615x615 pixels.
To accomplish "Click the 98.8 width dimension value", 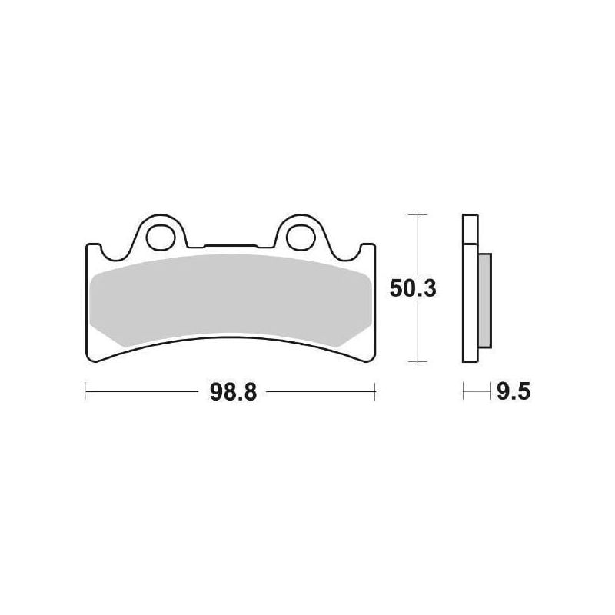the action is coord(233,392).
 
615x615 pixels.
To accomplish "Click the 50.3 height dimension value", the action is coord(413,289).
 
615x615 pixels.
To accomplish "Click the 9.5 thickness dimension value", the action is coord(514,392).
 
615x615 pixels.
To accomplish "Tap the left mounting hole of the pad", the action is coord(161,238).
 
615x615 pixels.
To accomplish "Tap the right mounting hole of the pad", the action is coord(301,238).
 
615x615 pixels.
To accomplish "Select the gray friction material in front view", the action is coord(231,300).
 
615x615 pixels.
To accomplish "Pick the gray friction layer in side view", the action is coord(485,301).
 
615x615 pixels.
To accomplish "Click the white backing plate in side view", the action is coord(470,288).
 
